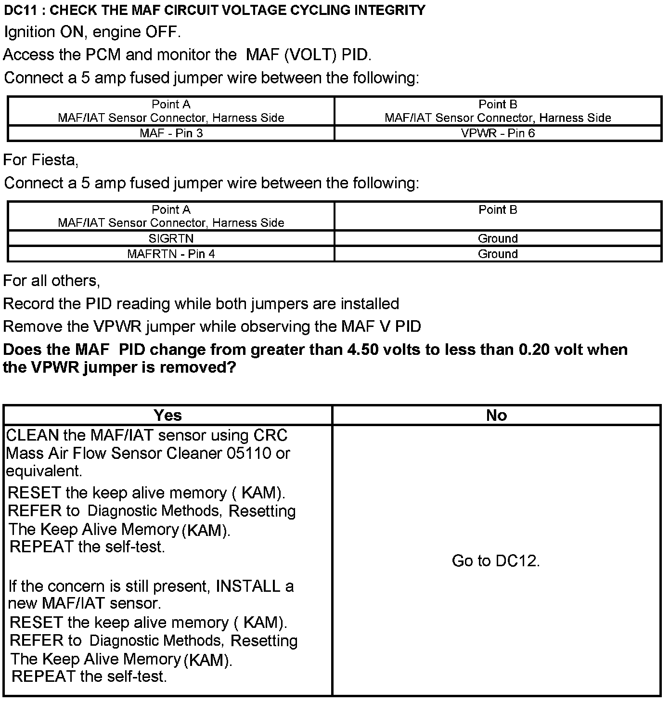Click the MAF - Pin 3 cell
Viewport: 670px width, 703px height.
pyautogui.click(x=171, y=133)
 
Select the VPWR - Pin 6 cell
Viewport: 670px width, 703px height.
pyautogui.click(x=498, y=133)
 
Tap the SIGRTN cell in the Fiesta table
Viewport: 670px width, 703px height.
pyautogui.click(x=171, y=238)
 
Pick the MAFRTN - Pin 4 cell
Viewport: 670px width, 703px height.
pyautogui.click(x=171, y=254)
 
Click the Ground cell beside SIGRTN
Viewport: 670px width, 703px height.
pyautogui.click(x=498, y=238)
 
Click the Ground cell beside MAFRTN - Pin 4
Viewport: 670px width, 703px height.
pyautogui.click(x=498, y=254)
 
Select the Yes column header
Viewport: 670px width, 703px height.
pyautogui.click(x=167, y=415)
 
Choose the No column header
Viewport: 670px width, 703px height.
pyautogui.click(x=496, y=415)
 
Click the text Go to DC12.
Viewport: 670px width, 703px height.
pyautogui.click(x=496, y=561)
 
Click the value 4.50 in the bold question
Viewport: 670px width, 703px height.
pyautogui.click(x=364, y=350)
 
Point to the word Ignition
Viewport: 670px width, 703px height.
pyautogui.click(x=29, y=32)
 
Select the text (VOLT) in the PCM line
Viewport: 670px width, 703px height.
pyautogui.click(x=310, y=55)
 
